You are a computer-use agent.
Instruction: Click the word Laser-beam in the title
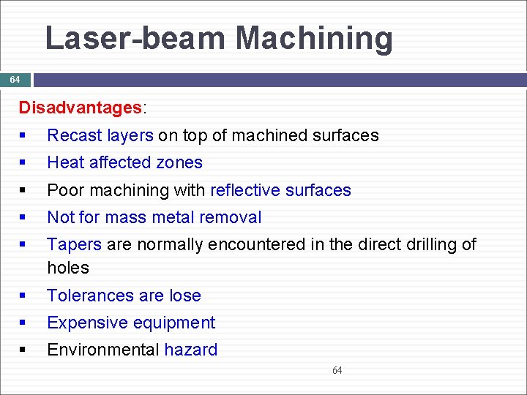click(135, 38)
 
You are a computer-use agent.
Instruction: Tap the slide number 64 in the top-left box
click(15, 79)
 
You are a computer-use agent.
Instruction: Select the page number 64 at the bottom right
click(337, 371)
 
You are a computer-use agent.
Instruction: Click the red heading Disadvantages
click(81, 108)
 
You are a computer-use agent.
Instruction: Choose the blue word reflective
click(242, 190)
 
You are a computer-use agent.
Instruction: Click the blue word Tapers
click(74, 244)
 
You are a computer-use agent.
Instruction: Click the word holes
click(68, 268)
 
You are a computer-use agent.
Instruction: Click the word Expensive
click(86, 323)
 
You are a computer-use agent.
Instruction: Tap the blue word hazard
click(191, 350)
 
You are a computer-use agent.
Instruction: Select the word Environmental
click(103, 350)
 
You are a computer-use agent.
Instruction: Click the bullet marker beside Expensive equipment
click(25, 323)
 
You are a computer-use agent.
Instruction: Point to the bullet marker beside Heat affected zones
click(25, 163)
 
